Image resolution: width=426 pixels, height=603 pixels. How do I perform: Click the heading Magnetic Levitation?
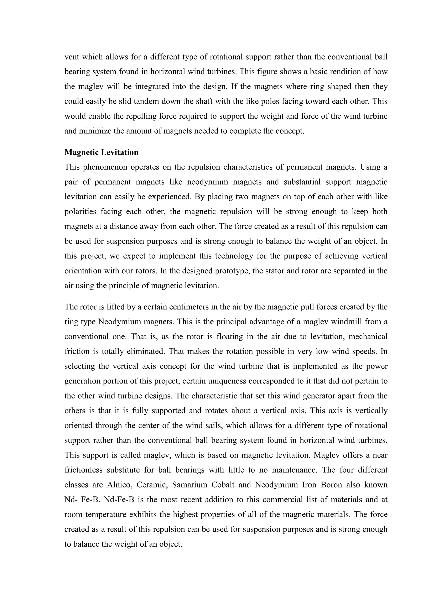pos(101,152)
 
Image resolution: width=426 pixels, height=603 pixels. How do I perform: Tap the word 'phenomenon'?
pos(105,167)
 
